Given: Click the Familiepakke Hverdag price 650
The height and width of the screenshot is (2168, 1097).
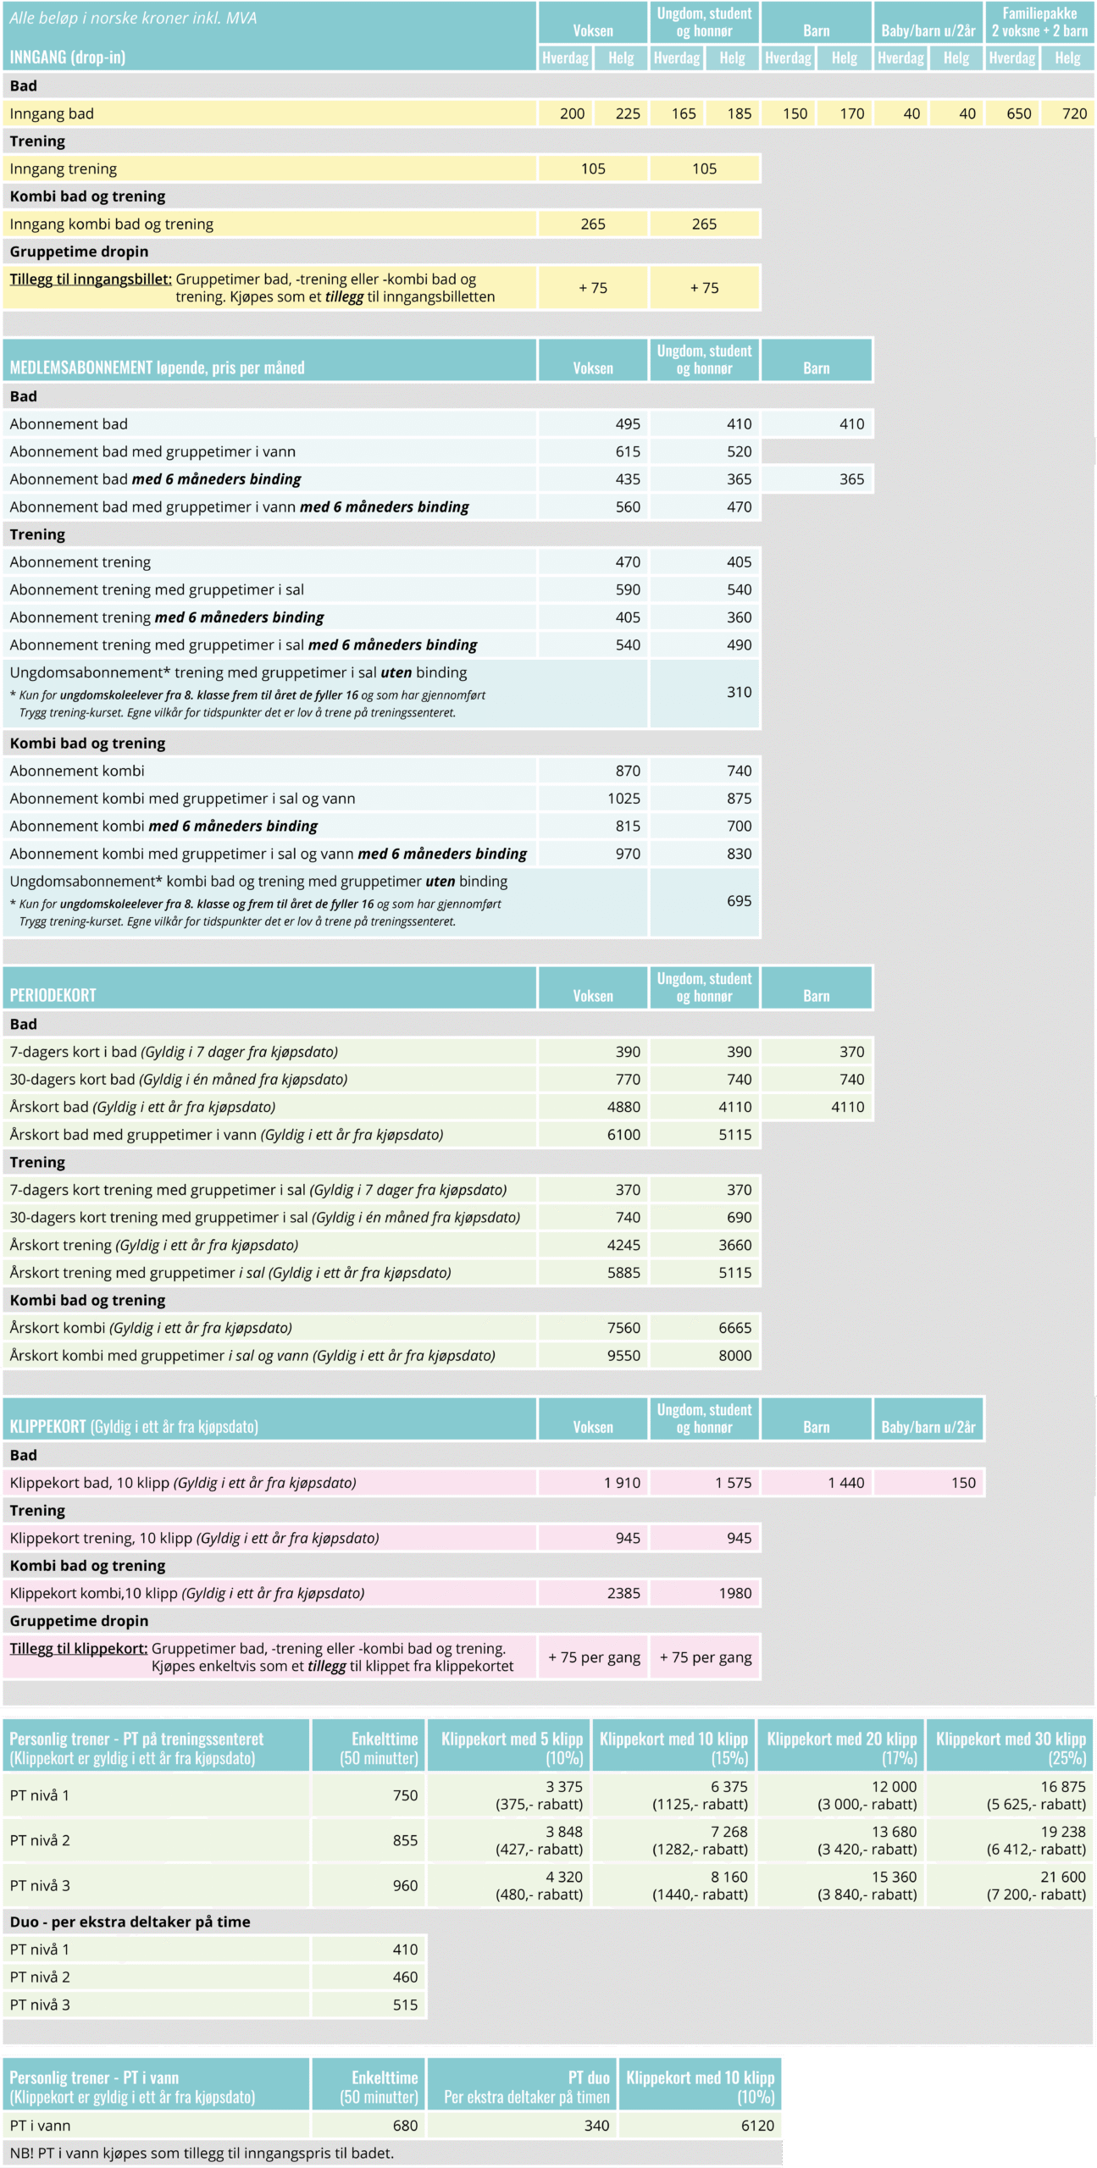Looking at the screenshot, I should click(x=1018, y=113).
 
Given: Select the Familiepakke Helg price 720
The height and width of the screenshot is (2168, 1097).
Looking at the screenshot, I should click(x=1074, y=113).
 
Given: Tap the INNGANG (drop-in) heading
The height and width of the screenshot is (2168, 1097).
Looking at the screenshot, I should click(x=68, y=58).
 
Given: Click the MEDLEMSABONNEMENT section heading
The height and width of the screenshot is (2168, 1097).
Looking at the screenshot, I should click(x=157, y=368).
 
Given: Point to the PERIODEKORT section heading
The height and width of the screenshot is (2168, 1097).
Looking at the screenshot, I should click(x=53, y=995).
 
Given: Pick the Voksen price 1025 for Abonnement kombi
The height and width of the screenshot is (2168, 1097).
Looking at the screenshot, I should click(x=623, y=798).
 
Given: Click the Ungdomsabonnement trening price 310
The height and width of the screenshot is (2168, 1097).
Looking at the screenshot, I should click(x=739, y=692).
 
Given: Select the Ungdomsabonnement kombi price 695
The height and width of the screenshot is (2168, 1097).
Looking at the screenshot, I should click(x=739, y=900).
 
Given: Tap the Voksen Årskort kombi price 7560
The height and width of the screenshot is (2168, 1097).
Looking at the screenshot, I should click(x=623, y=1327).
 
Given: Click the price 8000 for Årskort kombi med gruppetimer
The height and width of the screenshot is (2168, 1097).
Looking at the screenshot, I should click(x=734, y=1355).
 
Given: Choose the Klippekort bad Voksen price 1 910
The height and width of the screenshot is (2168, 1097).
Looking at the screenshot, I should click(x=622, y=1482).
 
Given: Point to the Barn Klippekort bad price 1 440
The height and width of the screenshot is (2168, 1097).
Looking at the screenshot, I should click(x=846, y=1482).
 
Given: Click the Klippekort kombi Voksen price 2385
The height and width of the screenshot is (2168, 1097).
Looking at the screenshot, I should click(x=623, y=1593).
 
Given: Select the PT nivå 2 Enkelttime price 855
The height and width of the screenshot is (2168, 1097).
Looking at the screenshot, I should click(x=405, y=1840).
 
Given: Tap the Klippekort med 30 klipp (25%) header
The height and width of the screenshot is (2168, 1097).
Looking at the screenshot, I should click(x=1010, y=1748).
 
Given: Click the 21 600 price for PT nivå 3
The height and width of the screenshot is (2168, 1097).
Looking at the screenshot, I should click(x=1062, y=1877).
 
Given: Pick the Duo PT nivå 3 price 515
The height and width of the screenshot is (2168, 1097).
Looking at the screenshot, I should click(x=405, y=2005).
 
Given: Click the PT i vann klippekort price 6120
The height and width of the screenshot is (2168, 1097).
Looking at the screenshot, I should click(x=756, y=2125).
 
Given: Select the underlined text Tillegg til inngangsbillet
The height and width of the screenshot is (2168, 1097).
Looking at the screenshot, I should click(x=91, y=279).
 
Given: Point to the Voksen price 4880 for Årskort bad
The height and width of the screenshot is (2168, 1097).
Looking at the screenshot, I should click(x=623, y=1107).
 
